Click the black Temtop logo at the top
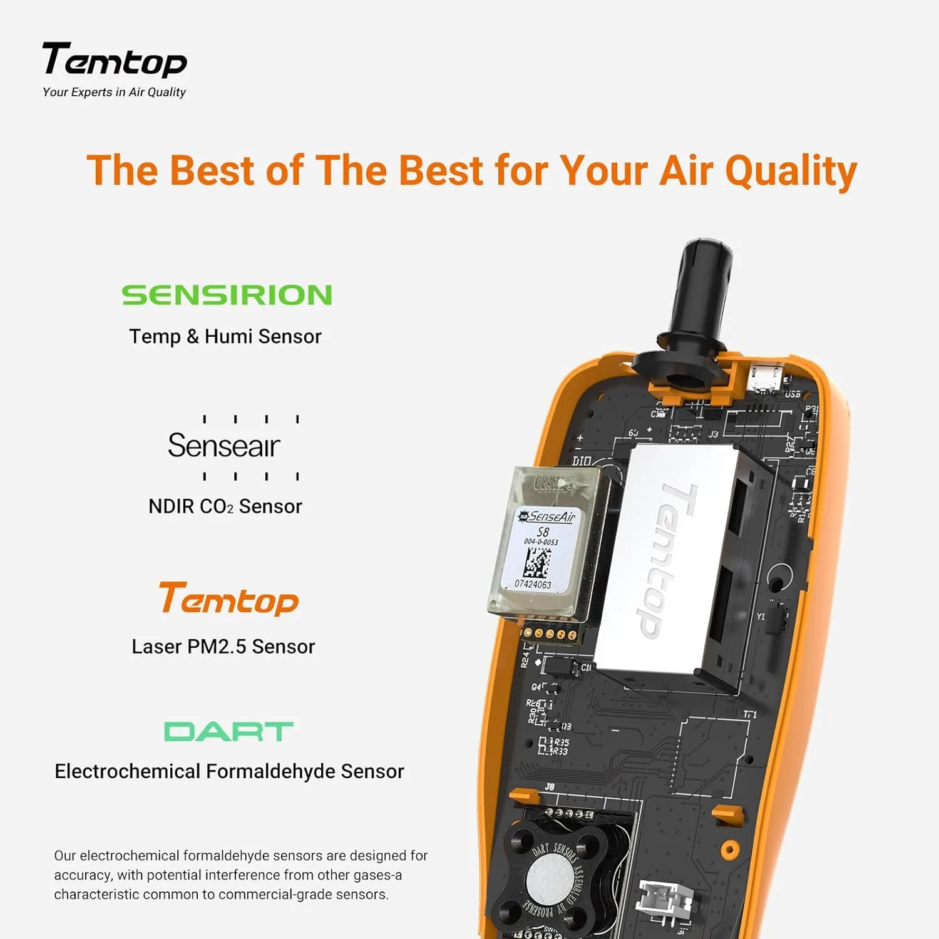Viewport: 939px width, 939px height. [x=115, y=60]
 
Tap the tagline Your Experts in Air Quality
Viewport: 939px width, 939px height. [x=114, y=92]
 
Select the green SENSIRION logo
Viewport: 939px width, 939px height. [x=227, y=295]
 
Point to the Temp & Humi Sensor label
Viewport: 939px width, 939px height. [x=225, y=337]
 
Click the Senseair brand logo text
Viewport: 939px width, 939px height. [x=223, y=446]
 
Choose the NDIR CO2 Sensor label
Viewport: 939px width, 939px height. [x=225, y=506]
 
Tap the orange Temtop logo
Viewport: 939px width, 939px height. [x=228, y=598]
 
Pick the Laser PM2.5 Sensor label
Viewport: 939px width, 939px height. [x=223, y=647]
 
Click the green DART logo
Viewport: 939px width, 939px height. [x=228, y=731]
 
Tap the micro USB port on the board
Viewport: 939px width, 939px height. [x=766, y=378]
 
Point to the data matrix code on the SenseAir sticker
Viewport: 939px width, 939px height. [x=537, y=562]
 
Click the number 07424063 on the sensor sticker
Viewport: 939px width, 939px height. [x=533, y=584]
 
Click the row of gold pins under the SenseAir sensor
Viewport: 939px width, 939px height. [x=550, y=634]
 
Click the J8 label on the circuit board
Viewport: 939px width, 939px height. [x=550, y=787]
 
